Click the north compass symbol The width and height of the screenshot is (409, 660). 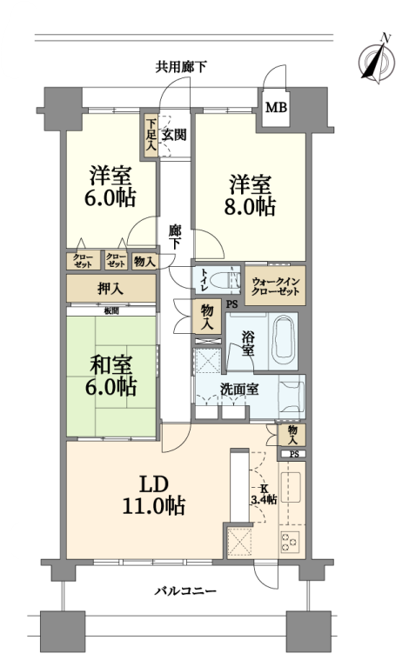[377, 58]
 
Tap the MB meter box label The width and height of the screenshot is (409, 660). [276, 107]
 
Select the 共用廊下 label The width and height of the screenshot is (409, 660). [181, 66]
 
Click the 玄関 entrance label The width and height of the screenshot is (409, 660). [174, 135]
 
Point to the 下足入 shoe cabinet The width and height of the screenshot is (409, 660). [151, 136]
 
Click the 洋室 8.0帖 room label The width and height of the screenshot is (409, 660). [250, 197]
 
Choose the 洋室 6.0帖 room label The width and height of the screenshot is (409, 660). [111, 187]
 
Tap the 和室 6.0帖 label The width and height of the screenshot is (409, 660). [111, 376]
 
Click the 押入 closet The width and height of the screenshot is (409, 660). [111, 289]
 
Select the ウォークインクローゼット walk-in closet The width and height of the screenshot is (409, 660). [276, 286]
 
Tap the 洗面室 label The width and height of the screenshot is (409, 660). [239, 390]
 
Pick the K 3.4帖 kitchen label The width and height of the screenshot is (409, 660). [264, 495]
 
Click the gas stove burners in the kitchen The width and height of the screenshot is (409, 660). [290, 543]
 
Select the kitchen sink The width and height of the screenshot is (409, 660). [290, 488]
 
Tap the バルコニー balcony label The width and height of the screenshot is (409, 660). [185, 591]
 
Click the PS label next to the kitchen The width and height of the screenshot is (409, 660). [294, 454]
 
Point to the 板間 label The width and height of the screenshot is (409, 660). [111, 311]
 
